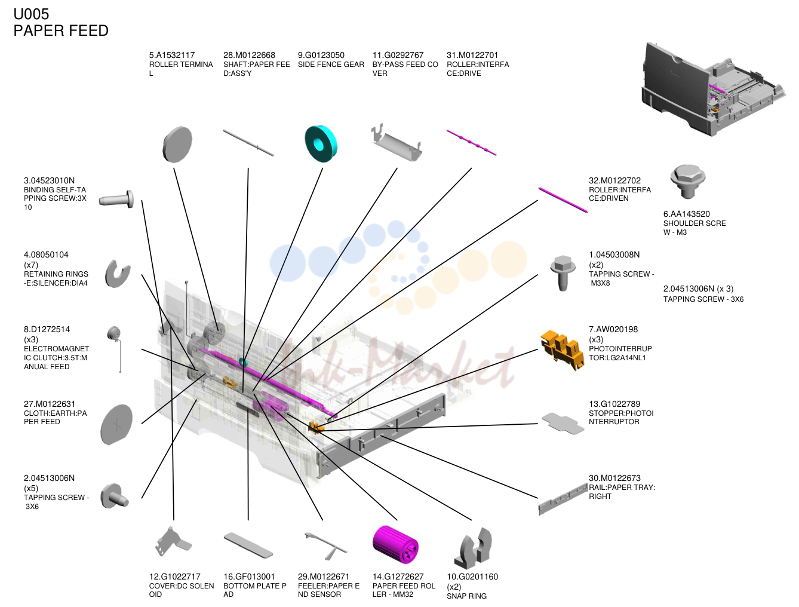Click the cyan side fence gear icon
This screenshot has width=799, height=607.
(x=321, y=144)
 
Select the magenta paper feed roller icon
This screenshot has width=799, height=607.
(x=395, y=544)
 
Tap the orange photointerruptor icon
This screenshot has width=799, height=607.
(x=562, y=350)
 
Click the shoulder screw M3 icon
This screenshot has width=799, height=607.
(x=687, y=182)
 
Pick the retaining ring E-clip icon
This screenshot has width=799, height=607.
(x=117, y=274)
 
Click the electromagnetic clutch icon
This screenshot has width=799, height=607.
(x=115, y=348)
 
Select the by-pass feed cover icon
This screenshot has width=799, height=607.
(x=397, y=142)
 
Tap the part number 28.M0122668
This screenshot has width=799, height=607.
(x=249, y=55)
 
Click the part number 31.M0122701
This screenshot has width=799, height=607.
(x=472, y=55)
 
